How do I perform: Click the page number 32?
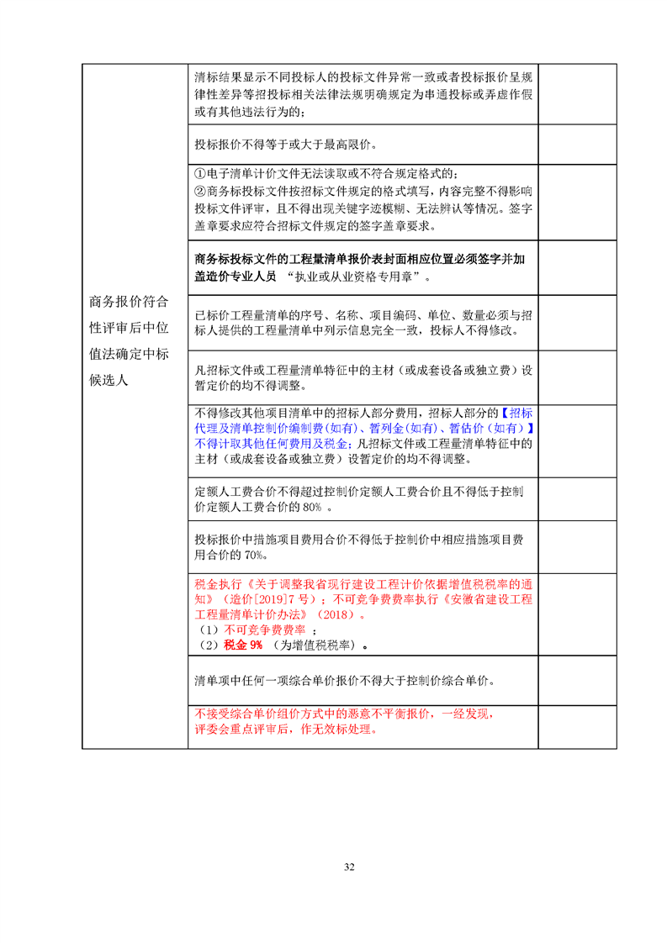[349, 867]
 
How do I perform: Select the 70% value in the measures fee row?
[255, 556]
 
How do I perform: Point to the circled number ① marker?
[199, 174]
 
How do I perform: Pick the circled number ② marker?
[199, 192]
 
